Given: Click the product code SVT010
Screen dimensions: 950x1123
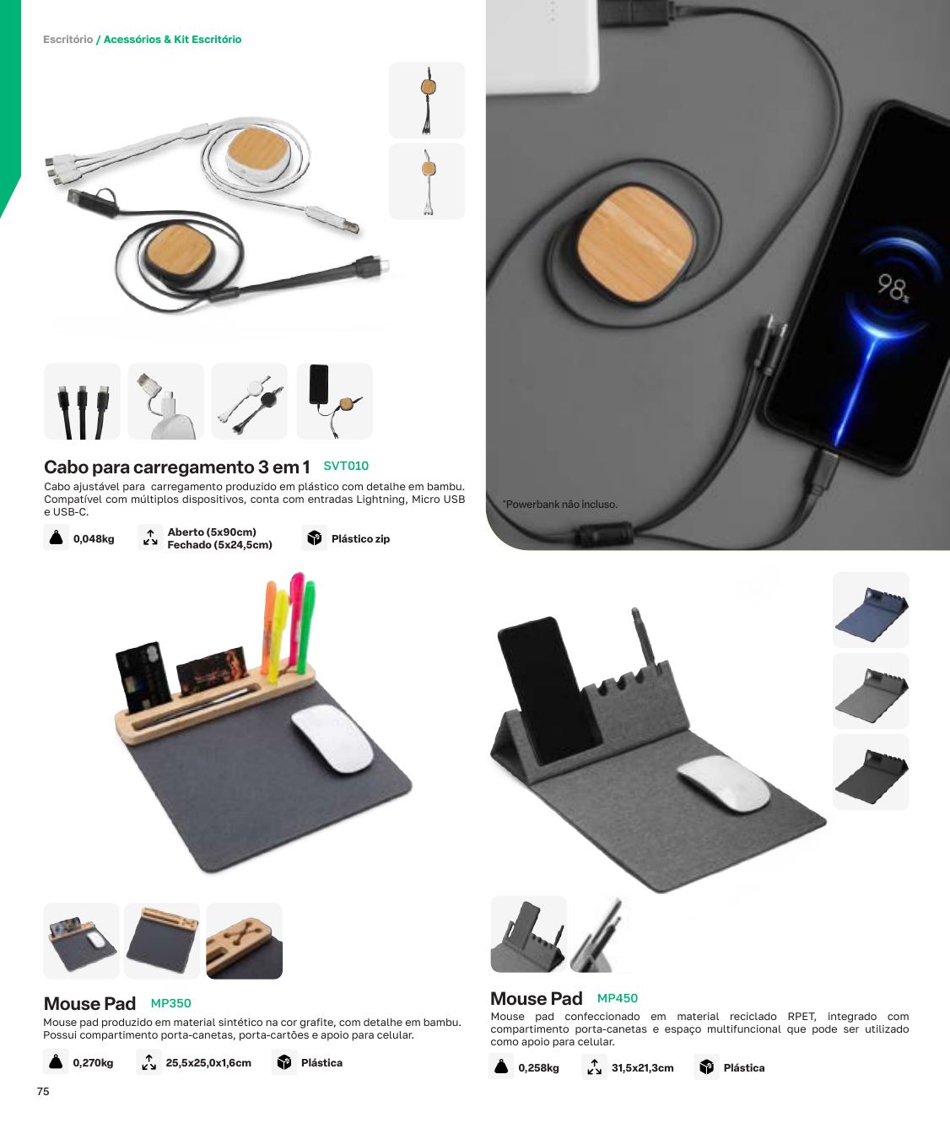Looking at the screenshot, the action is tap(346, 466).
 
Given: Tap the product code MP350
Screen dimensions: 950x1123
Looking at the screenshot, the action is tap(170, 1003).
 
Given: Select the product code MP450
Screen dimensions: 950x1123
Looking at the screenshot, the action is tap(617, 998).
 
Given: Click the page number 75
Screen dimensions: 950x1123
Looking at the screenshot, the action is tap(43, 1091).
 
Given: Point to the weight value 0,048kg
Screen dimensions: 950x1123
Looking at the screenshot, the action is tap(94, 539).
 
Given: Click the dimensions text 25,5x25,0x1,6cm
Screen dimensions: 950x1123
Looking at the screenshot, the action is tap(208, 1063).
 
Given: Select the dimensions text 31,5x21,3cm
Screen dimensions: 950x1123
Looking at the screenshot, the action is tap(643, 1067).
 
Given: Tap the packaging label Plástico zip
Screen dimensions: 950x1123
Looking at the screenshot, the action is tap(360, 539).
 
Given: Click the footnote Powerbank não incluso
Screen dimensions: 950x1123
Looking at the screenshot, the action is tap(560, 505).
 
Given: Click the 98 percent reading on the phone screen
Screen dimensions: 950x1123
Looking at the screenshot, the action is tap(893, 288).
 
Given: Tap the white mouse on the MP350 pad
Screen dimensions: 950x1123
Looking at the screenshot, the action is tap(332, 737).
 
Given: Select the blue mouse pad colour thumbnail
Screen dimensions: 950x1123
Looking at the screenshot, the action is tap(871, 609).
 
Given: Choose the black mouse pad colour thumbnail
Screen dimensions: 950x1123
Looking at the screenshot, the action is tap(871, 771).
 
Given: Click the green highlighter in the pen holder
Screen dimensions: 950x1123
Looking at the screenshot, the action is tap(308, 628).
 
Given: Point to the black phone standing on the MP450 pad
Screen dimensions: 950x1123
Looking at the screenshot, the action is tap(548, 689).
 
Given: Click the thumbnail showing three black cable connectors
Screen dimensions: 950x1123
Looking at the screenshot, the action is tap(82, 401).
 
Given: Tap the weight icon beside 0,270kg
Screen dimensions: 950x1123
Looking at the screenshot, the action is tap(56, 1062).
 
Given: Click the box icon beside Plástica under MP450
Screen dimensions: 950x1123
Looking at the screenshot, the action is tap(706, 1067).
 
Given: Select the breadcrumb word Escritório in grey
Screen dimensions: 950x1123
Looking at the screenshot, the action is tap(67, 39).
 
